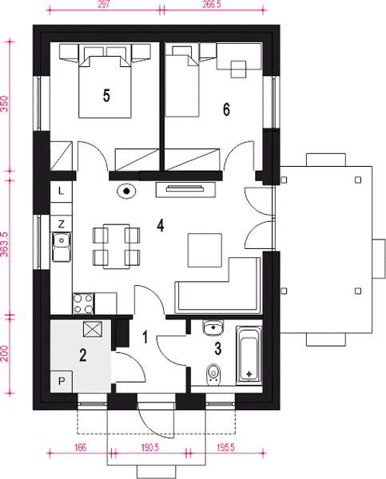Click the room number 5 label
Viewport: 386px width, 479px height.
pyautogui.click(x=106, y=96)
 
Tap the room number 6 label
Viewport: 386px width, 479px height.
pyautogui.click(x=226, y=109)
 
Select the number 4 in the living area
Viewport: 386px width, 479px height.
pyautogui.click(x=161, y=226)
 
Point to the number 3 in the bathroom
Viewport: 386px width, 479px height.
pyautogui.click(x=218, y=349)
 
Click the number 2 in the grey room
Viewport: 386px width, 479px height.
pyautogui.click(x=82, y=355)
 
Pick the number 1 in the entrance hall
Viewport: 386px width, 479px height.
pyautogui.click(x=145, y=337)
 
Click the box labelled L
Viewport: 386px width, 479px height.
pyautogui.click(x=62, y=192)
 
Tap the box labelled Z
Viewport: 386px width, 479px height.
pyautogui.click(x=62, y=224)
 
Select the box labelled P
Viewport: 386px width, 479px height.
pyautogui.click(x=62, y=382)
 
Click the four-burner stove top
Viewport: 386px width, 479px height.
pyautogui.click(x=83, y=303)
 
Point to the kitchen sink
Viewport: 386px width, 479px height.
pyautogui.click(x=62, y=247)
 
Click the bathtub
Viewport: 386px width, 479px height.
pyautogui.click(x=249, y=354)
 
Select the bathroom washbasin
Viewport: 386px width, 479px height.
pyautogui.click(x=213, y=327)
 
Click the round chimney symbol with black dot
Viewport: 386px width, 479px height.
pyautogui.click(x=126, y=192)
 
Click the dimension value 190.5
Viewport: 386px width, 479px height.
pyautogui.click(x=150, y=448)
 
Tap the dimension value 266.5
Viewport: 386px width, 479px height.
pyautogui.click(x=212, y=5)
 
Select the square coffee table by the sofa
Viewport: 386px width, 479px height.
pyautogui.click(x=205, y=250)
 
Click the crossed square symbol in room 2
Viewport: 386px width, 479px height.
pyautogui.click(x=93, y=329)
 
